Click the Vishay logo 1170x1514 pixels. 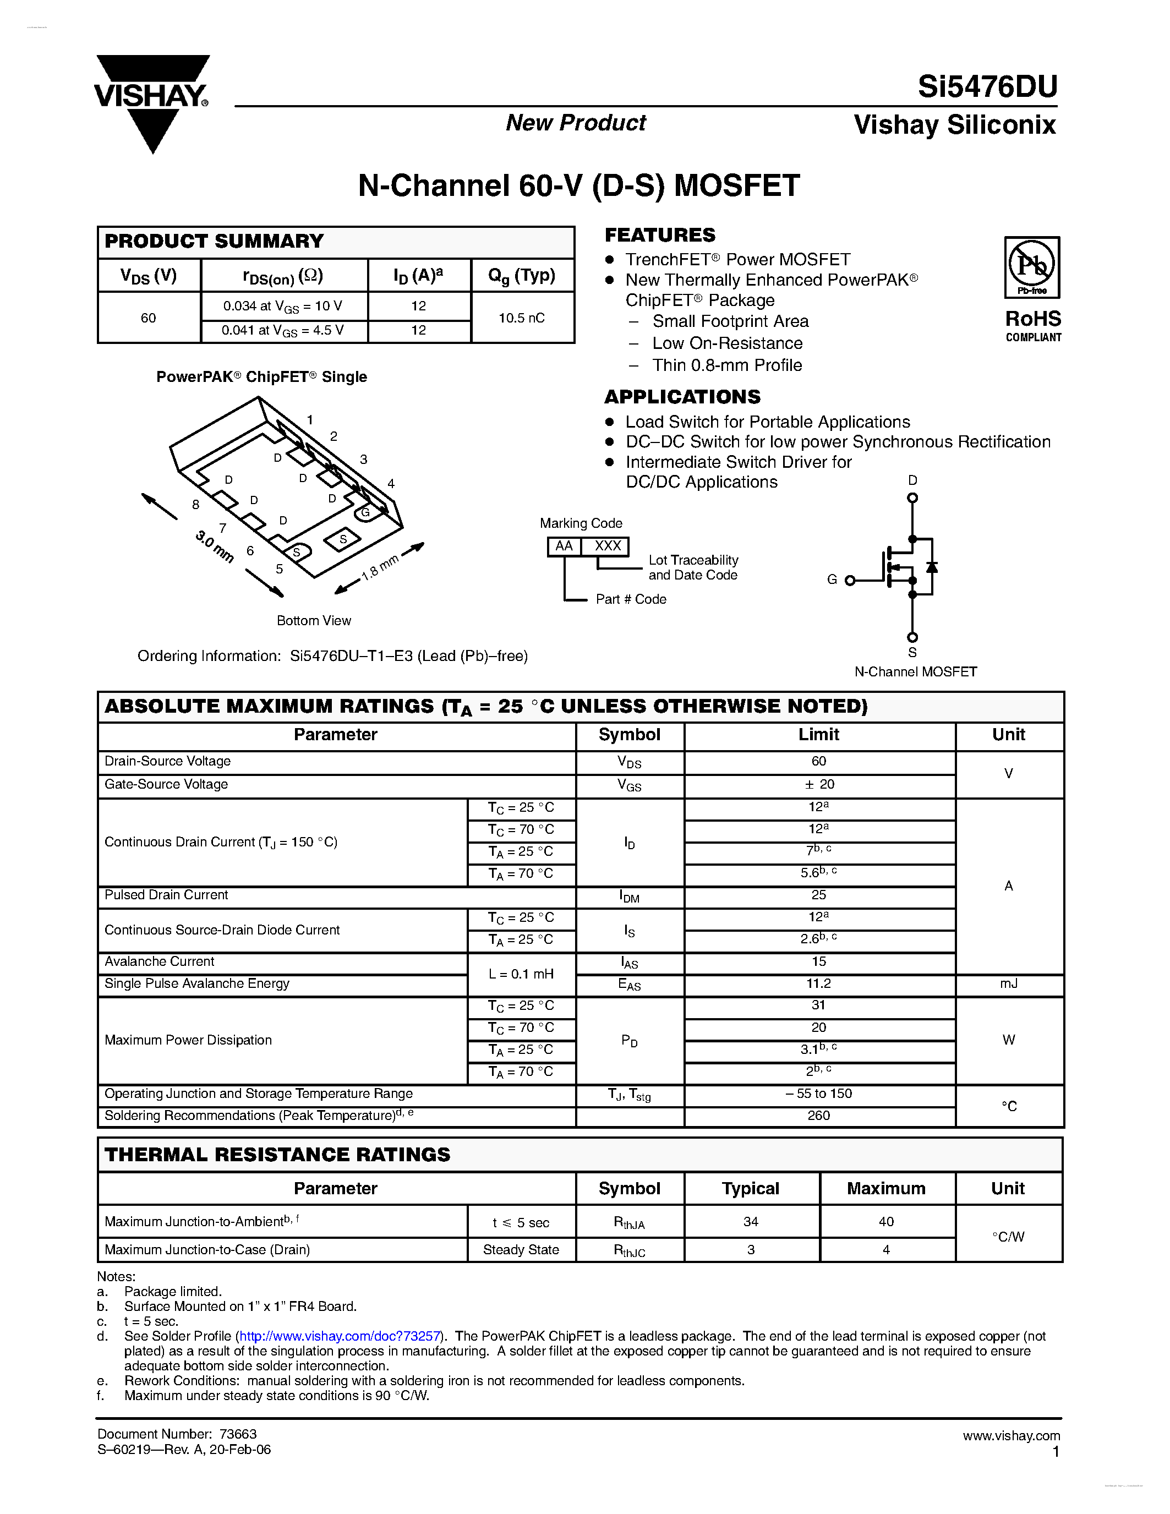pyautogui.click(x=152, y=97)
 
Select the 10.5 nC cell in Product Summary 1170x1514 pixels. pyautogui.click(x=522, y=318)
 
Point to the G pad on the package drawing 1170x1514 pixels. pyautogui.click(x=365, y=512)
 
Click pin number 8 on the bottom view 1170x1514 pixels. pyautogui.click(x=196, y=505)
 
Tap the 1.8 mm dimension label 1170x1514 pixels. pyautogui.click(x=380, y=566)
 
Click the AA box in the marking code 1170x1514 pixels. pyautogui.click(x=564, y=546)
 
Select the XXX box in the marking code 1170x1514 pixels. pyautogui.click(x=607, y=546)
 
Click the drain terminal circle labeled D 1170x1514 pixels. pyautogui.click(x=912, y=498)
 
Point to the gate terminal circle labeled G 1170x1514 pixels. pyautogui.click(x=850, y=581)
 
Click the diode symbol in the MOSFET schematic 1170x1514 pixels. pyautogui.click(x=932, y=567)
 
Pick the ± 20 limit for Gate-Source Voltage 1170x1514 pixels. pyautogui.click(x=818, y=785)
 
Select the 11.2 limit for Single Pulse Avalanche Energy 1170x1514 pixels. pyautogui.click(x=818, y=983)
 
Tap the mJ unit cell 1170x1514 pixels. pyautogui.click(x=1009, y=983)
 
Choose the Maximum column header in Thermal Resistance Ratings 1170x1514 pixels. pyautogui.click(x=886, y=1188)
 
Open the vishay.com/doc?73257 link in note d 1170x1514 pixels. pyautogui.click(x=340, y=1336)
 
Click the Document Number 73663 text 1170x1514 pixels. pyautogui.click(x=177, y=1434)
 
